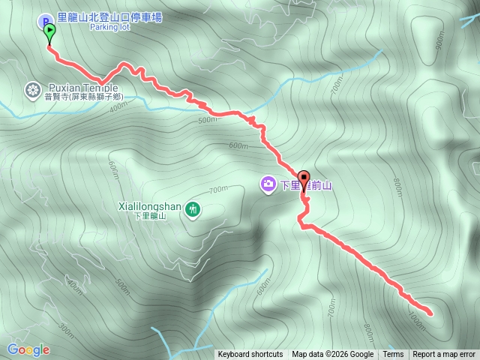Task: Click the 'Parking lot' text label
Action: click(x=111, y=27)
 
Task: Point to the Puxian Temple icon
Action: click(x=33, y=90)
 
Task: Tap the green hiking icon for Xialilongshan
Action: click(x=193, y=208)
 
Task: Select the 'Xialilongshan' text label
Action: click(x=150, y=205)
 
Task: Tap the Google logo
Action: click(x=28, y=349)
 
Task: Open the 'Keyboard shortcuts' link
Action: click(x=250, y=355)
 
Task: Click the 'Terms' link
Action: click(x=393, y=355)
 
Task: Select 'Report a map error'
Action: click(x=444, y=355)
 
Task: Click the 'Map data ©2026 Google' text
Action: click(x=332, y=355)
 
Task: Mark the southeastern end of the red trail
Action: click(x=430, y=311)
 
